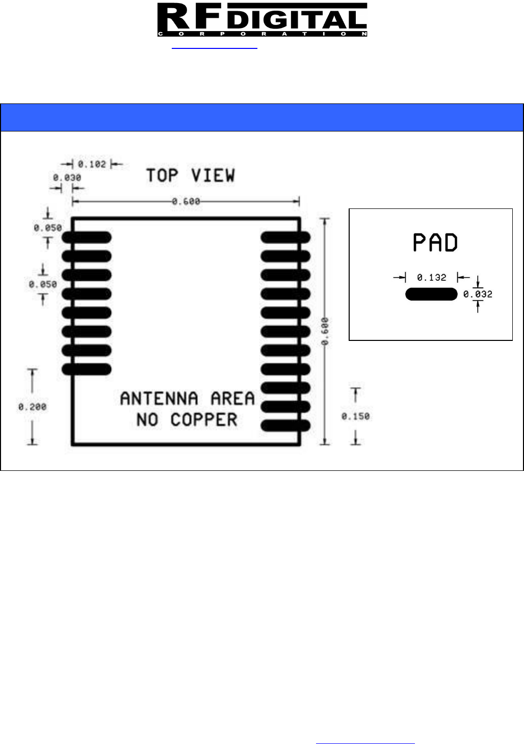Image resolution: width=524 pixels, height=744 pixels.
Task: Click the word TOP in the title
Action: [x=162, y=176]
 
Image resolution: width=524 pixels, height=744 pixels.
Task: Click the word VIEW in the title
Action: [x=213, y=176]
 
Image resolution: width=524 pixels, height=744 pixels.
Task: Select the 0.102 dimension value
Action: [x=92, y=164]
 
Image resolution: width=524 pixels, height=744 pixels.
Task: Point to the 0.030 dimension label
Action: [x=67, y=178]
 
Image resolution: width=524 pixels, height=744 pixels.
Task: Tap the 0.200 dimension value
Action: [x=32, y=407]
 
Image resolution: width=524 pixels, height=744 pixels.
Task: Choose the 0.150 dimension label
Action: [x=355, y=416]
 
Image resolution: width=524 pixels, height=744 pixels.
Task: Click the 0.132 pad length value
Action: [x=431, y=278]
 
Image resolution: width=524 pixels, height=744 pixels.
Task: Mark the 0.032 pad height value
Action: [x=478, y=294]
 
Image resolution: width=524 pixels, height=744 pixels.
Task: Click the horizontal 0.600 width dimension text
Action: [x=186, y=202]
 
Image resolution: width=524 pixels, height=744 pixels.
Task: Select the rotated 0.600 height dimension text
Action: [x=325, y=331]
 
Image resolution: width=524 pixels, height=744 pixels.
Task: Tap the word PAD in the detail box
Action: [x=435, y=243]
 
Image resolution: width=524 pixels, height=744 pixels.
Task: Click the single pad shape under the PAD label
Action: [x=431, y=294]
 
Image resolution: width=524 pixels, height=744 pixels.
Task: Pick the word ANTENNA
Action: [x=159, y=398]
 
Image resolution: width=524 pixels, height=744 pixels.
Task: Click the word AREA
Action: [x=232, y=398]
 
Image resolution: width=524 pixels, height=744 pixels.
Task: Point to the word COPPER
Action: [x=204, y=420]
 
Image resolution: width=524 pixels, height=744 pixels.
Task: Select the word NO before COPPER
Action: [x=148, y=420]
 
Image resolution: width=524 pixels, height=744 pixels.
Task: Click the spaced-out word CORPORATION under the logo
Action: [x=262, y=34]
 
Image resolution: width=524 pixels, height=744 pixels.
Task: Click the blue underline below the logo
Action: [x=215, y=49]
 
